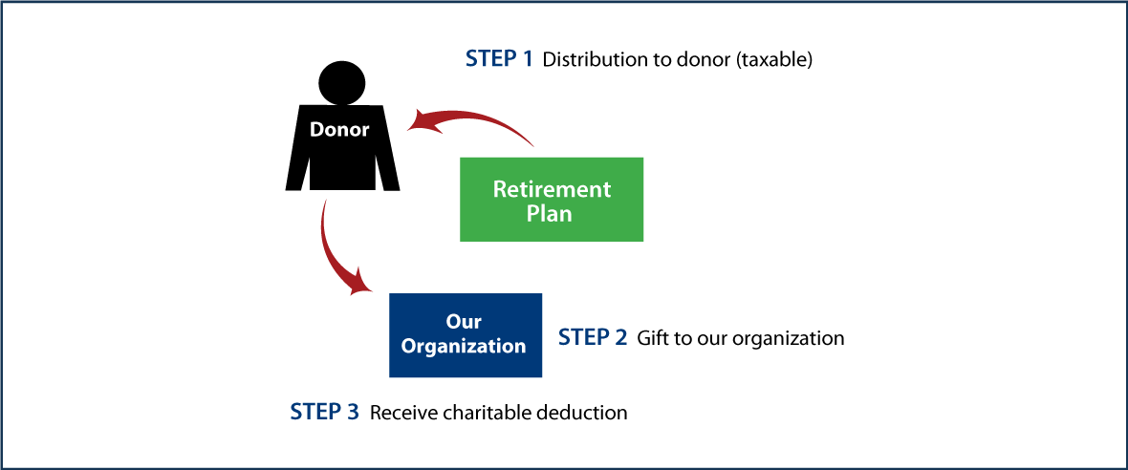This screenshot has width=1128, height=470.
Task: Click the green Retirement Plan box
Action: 552,199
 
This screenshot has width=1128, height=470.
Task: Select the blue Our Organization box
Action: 466,334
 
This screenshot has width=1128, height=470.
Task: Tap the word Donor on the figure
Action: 339,130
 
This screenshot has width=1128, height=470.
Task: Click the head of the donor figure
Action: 340,82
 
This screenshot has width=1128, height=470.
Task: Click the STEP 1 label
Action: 499,59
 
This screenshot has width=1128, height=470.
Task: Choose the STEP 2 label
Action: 593,338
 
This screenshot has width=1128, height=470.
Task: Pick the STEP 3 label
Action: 324,413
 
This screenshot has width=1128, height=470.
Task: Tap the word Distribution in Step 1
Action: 590,60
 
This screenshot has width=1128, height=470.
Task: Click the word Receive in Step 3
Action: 401,414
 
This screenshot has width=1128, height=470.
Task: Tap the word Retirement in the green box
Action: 552,188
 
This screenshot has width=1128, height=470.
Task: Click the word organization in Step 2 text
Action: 792,339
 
